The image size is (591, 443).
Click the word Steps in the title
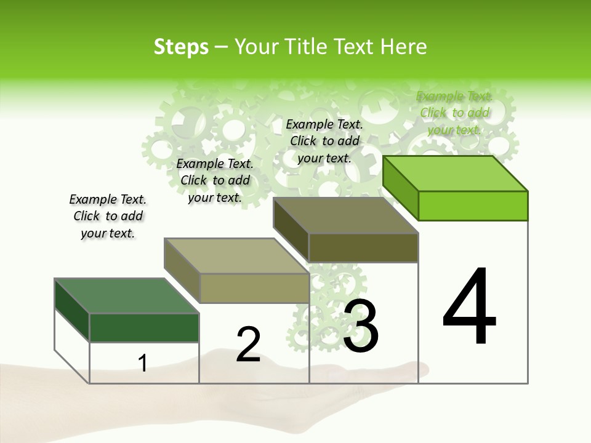pos(181,47)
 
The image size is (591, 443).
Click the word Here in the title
pos(404,47)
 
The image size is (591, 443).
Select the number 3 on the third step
pos(361,325)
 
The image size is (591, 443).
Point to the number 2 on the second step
pos(248,344)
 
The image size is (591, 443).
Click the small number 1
pos(143,363)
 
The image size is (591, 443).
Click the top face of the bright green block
pos(456,173)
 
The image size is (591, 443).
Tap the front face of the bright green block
pos(473,206)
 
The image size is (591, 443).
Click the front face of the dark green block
pos(144,327)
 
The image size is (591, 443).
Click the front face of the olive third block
pos(363,247)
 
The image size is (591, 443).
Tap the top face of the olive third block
pos(346,215)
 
